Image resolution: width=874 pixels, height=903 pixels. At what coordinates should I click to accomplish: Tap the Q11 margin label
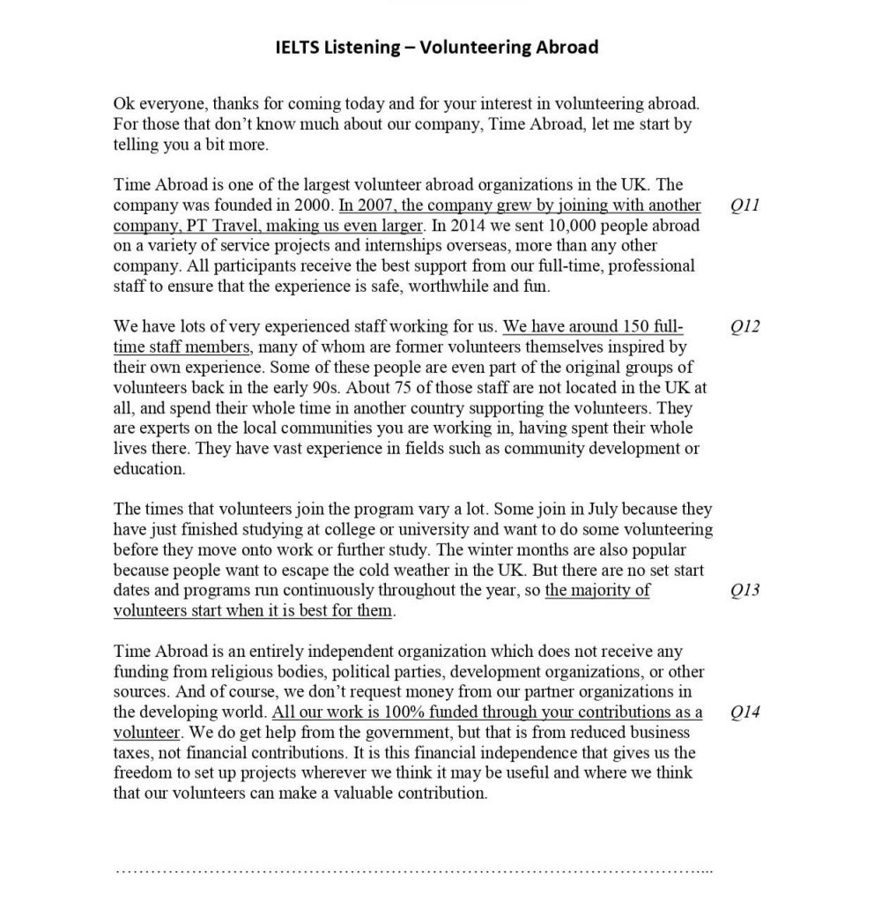point(745,205)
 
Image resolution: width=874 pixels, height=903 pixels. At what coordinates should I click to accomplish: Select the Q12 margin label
point(745,327)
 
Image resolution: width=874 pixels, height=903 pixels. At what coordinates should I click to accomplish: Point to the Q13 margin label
point(745,591)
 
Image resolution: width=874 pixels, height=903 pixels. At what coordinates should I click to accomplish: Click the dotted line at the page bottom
point(414,871)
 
